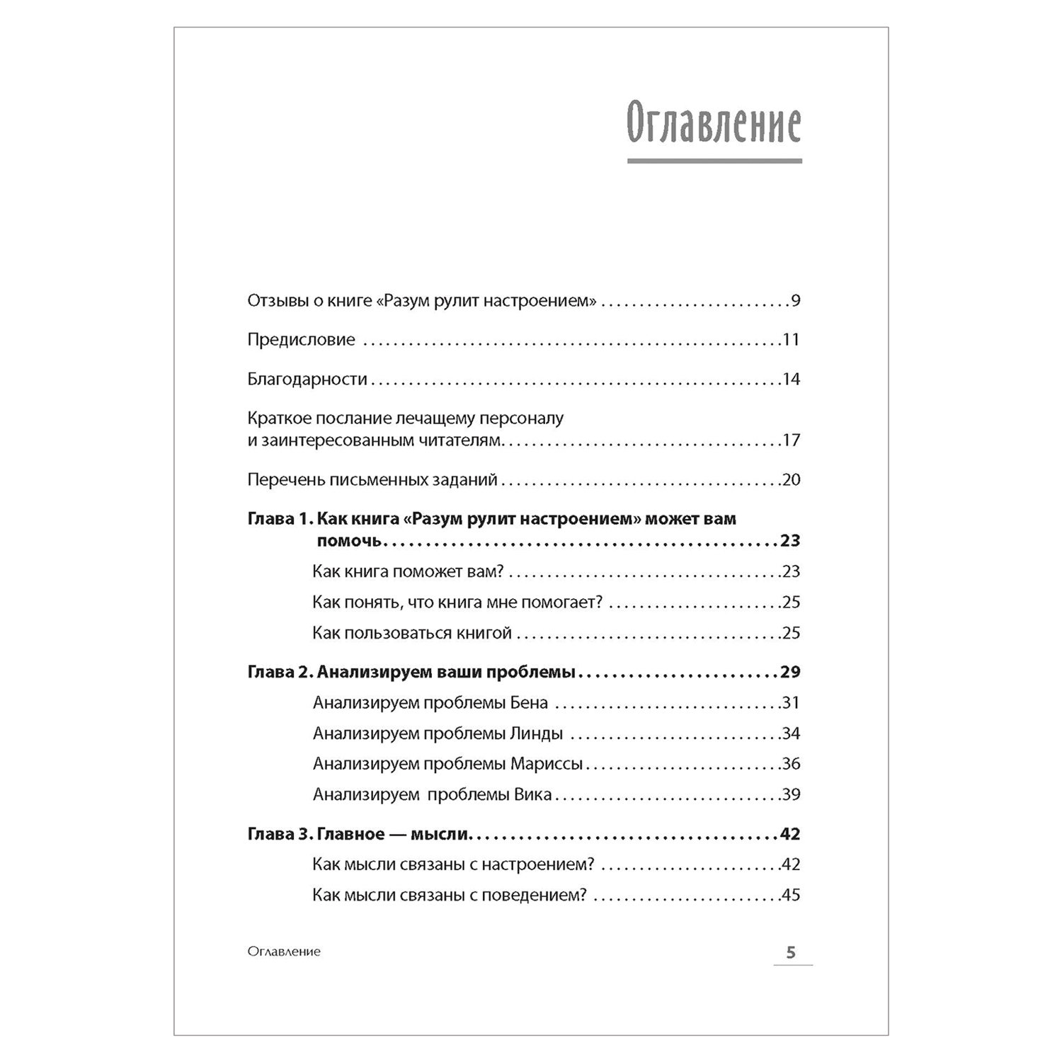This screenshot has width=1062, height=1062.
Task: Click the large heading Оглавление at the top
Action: (714, 126)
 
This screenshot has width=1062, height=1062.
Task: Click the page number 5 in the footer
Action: (791, 952)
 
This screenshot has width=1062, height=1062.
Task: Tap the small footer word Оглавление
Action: (284, 952)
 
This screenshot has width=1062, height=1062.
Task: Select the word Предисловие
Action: (301, 340)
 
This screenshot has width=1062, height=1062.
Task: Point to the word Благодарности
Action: (307, 379)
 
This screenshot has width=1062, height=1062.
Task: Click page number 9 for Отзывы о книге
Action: (795, 301)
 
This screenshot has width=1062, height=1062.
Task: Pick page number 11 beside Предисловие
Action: (791, 340)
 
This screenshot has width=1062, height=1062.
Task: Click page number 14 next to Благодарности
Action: (791, 379)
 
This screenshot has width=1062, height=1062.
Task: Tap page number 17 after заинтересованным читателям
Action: (791, 440)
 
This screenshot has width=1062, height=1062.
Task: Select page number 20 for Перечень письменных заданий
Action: (791, 480)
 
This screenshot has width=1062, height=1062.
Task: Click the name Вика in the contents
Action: (530, 794)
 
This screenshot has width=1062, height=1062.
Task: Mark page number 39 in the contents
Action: (791, 794)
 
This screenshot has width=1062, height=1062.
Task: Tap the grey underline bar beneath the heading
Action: (714, 161)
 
